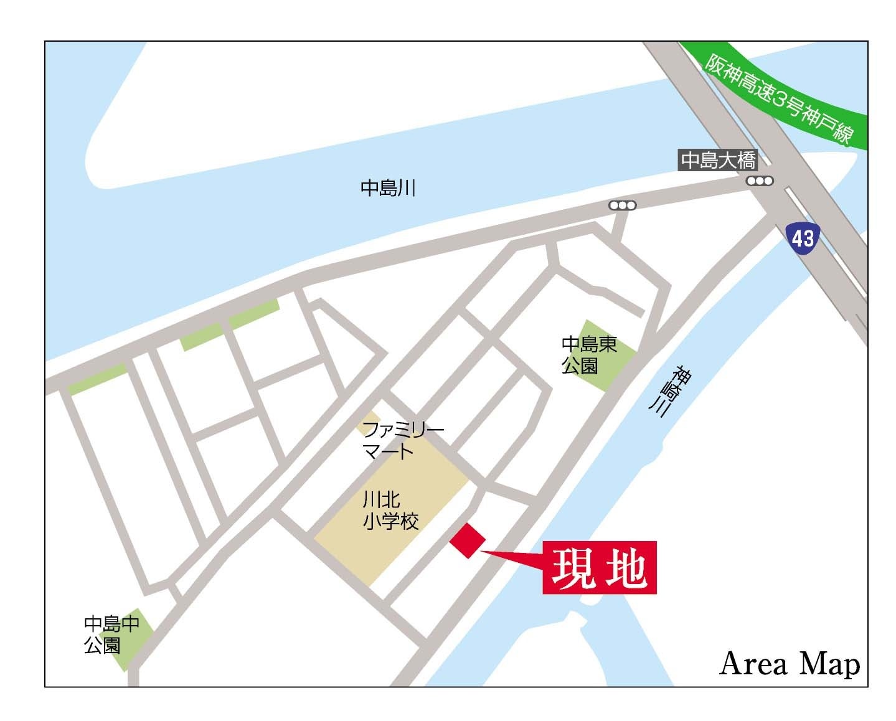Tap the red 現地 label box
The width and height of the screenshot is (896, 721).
tap(599, 568)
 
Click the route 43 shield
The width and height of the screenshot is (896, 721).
tap(803, 237)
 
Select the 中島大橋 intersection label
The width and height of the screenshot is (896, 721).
tap(718, 161)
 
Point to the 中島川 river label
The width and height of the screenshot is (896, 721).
tap(388, 188)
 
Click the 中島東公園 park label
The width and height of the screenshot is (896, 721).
tap(589, 354)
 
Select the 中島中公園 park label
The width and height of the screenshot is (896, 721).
tap(111, 634)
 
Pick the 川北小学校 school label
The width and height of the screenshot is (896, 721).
tap(390, 510)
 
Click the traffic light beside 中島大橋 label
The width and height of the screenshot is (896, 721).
tap(760, 181)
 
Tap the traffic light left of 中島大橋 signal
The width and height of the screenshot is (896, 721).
tap(623, 205)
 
